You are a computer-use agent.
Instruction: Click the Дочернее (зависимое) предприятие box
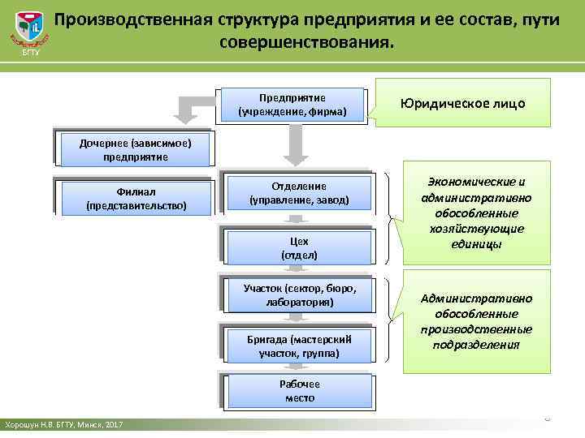136,150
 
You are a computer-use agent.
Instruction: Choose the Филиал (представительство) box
136,200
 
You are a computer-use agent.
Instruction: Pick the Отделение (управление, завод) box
299,193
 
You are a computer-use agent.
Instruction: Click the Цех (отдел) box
299,247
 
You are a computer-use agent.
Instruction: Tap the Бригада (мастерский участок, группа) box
299,346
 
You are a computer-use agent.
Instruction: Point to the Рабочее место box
299,391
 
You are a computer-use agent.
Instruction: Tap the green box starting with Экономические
476,213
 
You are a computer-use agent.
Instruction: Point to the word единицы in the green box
476,243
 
